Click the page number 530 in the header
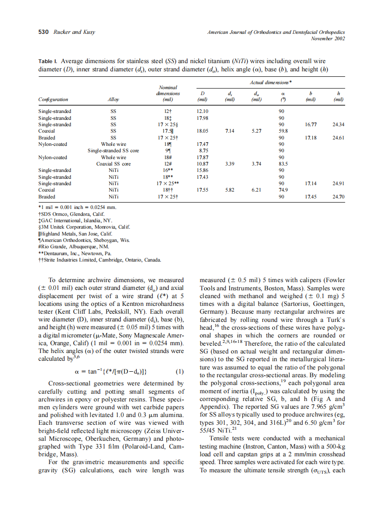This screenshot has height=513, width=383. pyautogui.click(x=43, y=32)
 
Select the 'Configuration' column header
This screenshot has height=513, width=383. pyautogui.click(x=53, y=99)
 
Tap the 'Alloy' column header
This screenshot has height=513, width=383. pyautogui.click(x=113, y=99)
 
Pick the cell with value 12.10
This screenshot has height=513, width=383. pyautogui.click(x=202, y=111)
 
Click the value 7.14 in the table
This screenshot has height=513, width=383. pyautogui.click(x=230, y=131)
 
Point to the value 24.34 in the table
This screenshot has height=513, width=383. pyautogui.click(x=338, y=124)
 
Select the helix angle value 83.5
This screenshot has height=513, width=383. pyautogui.click(x=283, y=164)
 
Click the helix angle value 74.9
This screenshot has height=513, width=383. pyautogui.click(x=282, y=190)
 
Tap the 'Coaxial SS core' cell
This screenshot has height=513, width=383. pyautogui.click(x=113, y=164)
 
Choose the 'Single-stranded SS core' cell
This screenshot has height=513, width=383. pyautogui.click(x=113, y=150)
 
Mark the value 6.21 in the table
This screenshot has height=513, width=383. pyautogui.click(x=256, y=190)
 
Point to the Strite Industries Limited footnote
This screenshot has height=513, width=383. pyautogui.click(x=99, y=259)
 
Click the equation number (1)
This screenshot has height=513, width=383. pyautogui.click(x=180, y=371)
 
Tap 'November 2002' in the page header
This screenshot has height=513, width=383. pyautogui.click(x=328, y=38)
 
